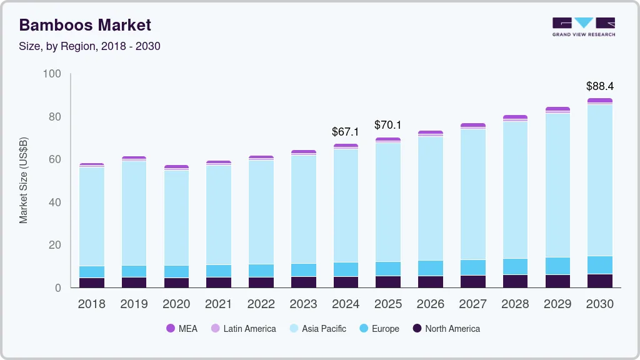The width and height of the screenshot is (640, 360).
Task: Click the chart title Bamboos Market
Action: pos(85,26)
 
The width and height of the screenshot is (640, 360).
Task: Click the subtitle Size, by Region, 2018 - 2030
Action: pos(90,46)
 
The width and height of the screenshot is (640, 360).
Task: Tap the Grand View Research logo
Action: pos(583,27)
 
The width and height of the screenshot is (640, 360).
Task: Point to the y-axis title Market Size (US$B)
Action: pos(24,179)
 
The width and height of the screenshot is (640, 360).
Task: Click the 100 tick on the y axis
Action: pos(52,74)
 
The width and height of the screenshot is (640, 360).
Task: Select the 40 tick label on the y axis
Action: pos(54,202)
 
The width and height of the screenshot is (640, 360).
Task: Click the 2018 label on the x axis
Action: pos(91,304)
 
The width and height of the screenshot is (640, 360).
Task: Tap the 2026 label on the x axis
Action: pos(431,304)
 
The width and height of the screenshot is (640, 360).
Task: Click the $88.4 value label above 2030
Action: pos(599,86)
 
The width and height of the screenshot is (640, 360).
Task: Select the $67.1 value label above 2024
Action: pos(346,132)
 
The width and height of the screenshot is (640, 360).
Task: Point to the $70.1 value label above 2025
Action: pos(388,125)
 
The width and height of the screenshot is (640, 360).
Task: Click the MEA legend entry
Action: pos(182,328)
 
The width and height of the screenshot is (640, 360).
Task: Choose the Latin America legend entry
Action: pos(243,328)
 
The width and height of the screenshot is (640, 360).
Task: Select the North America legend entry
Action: pos(446,328)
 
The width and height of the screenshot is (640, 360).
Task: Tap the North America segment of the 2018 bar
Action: pos(92,282)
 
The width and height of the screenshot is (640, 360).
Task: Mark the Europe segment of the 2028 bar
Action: pos(515,266)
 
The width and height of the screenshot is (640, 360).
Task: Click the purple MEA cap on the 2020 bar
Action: pos(176,167)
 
